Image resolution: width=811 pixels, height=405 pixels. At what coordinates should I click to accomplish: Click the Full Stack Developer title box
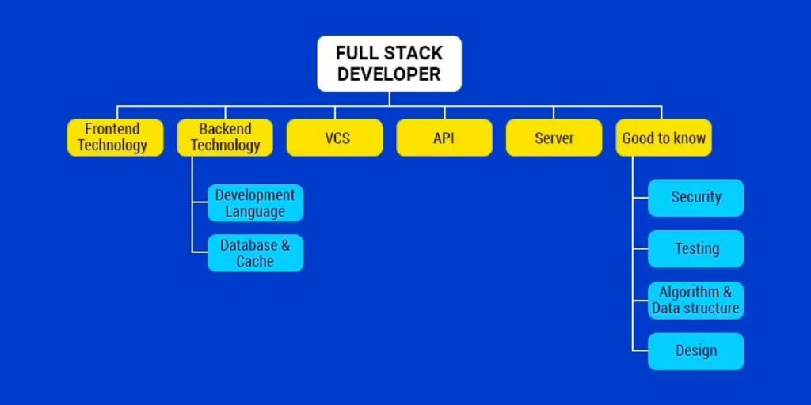coord(389,63)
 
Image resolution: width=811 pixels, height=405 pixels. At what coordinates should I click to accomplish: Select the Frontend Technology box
coord(115,137)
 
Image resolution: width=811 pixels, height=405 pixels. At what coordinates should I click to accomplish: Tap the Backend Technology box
coord(225,137)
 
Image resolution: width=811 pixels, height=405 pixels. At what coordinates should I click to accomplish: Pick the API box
coord(444,138)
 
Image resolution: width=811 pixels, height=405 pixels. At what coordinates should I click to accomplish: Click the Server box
coord(554,138)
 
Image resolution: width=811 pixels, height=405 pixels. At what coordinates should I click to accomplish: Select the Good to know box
coord(664,138)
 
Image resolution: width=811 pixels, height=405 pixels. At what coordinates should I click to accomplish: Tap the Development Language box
coord(255,203)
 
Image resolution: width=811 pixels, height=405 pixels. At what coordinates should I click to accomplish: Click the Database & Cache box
coord(255,253)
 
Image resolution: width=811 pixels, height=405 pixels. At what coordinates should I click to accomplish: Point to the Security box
coord(696,198)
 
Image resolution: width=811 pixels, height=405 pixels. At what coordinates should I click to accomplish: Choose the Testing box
coord(696,249)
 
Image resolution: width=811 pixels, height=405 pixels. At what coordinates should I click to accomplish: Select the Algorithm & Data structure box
coord(696,301)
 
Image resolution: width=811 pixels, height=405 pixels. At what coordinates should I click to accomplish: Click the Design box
coord(696,351)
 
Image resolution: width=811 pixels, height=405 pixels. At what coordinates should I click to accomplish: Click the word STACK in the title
coord(413,54)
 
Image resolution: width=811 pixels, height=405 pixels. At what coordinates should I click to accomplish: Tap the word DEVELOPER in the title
coord(389,75)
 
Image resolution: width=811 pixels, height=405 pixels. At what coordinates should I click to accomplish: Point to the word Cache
coord(255,262)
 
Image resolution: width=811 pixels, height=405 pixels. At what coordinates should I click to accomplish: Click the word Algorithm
coord(688,292)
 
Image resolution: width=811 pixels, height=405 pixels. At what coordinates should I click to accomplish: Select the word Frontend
coord(112,129)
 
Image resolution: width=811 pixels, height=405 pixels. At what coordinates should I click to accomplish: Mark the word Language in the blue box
coord(255,212)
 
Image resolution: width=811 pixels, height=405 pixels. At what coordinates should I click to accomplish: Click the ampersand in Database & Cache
coord(284,245)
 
